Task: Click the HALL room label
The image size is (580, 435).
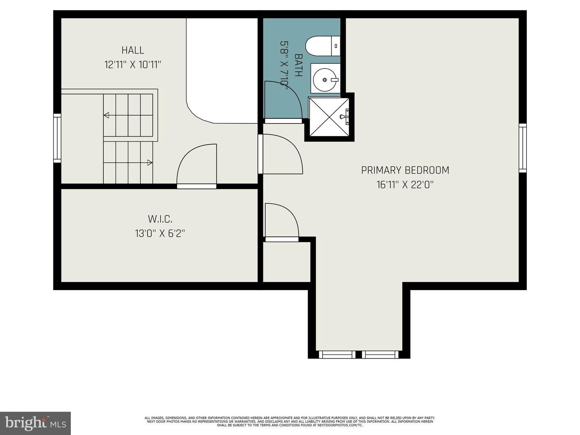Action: pos(133,50)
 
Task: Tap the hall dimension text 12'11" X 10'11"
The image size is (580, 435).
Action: pos(133,64)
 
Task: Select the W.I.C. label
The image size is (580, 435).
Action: pos(160,219)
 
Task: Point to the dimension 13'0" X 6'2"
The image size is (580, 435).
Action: pos(160,233)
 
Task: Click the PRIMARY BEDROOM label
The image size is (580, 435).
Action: pos(405,170)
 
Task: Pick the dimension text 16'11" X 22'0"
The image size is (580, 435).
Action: pos(405,185)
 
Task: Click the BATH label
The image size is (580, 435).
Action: pos(298,65)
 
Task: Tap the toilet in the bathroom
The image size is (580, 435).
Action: pos(322,46)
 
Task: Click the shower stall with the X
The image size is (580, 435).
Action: pos(329,117)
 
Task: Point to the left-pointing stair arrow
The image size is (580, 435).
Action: pos(106,116)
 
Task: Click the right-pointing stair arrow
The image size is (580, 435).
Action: pos(149,163)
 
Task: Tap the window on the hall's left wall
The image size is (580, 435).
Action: pos(57,138)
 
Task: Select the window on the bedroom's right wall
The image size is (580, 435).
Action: pos(522,148)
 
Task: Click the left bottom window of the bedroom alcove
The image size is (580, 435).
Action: pos(337,354)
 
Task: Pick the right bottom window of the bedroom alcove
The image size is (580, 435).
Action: pos(380,354)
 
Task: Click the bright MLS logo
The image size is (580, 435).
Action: pos(35,423)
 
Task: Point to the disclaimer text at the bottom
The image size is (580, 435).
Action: pos(290,421)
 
